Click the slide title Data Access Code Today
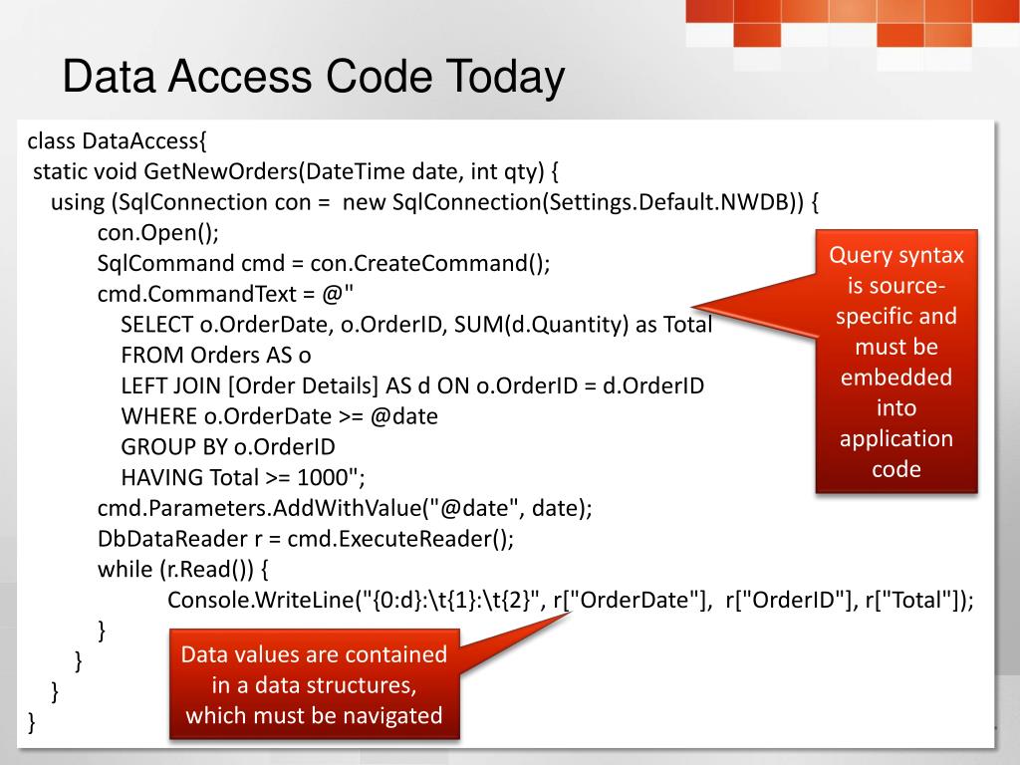pos(313,78)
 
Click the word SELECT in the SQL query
pos(152,325)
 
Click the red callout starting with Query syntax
pos(895,361)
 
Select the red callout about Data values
pos(314,685)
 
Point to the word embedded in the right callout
pos(895,378)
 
